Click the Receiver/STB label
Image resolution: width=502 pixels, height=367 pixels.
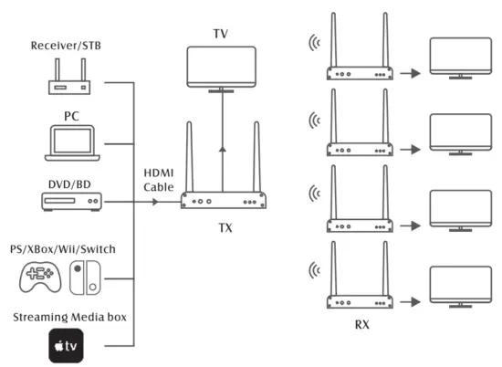(65, 46)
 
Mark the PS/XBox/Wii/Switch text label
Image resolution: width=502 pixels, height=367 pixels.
(68, 249)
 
